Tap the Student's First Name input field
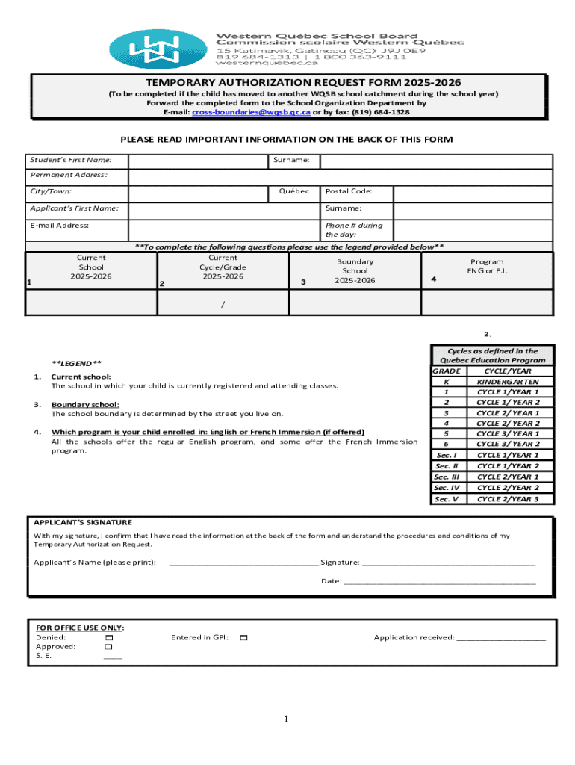(x=198, y=161)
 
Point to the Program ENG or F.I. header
(x=487, y=267)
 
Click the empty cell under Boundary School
(x=355, y=303)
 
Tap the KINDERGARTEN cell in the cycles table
(x=508, y=381)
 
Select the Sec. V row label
(x=447, y=499)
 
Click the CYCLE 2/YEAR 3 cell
(x=508, y=499)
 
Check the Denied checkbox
(x=109, y=638)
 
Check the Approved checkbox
(x=109, y=647)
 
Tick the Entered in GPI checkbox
(x=243, y=638)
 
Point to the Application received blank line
(x=501, y=639)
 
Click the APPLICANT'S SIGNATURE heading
(x=83, y=522)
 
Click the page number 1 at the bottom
(x=286, y=719)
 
